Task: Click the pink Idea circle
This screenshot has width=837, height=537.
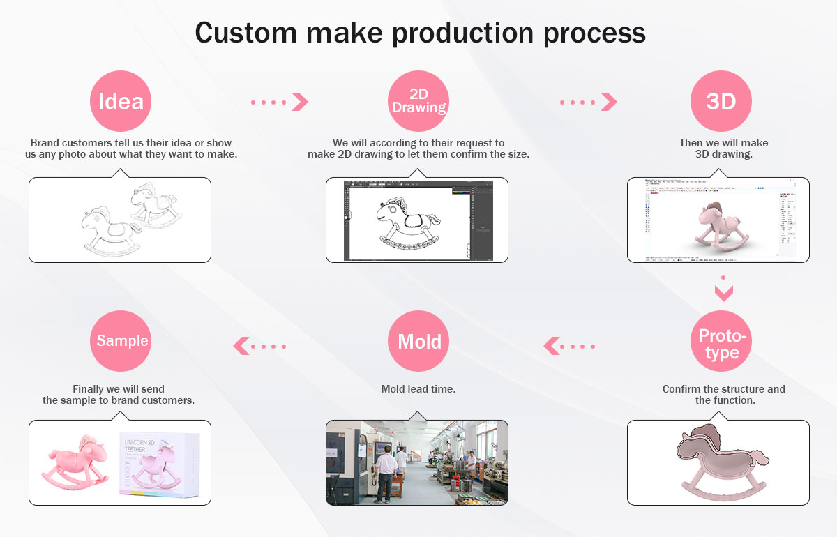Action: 121,102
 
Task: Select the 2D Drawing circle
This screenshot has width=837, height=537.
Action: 418,102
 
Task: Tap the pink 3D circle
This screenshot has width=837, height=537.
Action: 721,102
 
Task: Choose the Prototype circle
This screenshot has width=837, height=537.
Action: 721,342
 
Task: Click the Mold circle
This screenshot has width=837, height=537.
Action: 418,342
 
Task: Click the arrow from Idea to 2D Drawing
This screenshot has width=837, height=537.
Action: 280,103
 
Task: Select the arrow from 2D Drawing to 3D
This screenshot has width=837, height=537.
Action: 589,103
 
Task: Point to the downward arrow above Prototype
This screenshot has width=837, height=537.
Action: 724,289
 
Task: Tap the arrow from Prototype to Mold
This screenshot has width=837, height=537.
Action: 569,345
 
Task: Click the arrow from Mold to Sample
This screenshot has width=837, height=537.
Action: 259,345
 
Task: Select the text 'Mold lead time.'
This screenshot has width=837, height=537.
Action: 418,389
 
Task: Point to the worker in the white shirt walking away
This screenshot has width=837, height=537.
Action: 384,474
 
